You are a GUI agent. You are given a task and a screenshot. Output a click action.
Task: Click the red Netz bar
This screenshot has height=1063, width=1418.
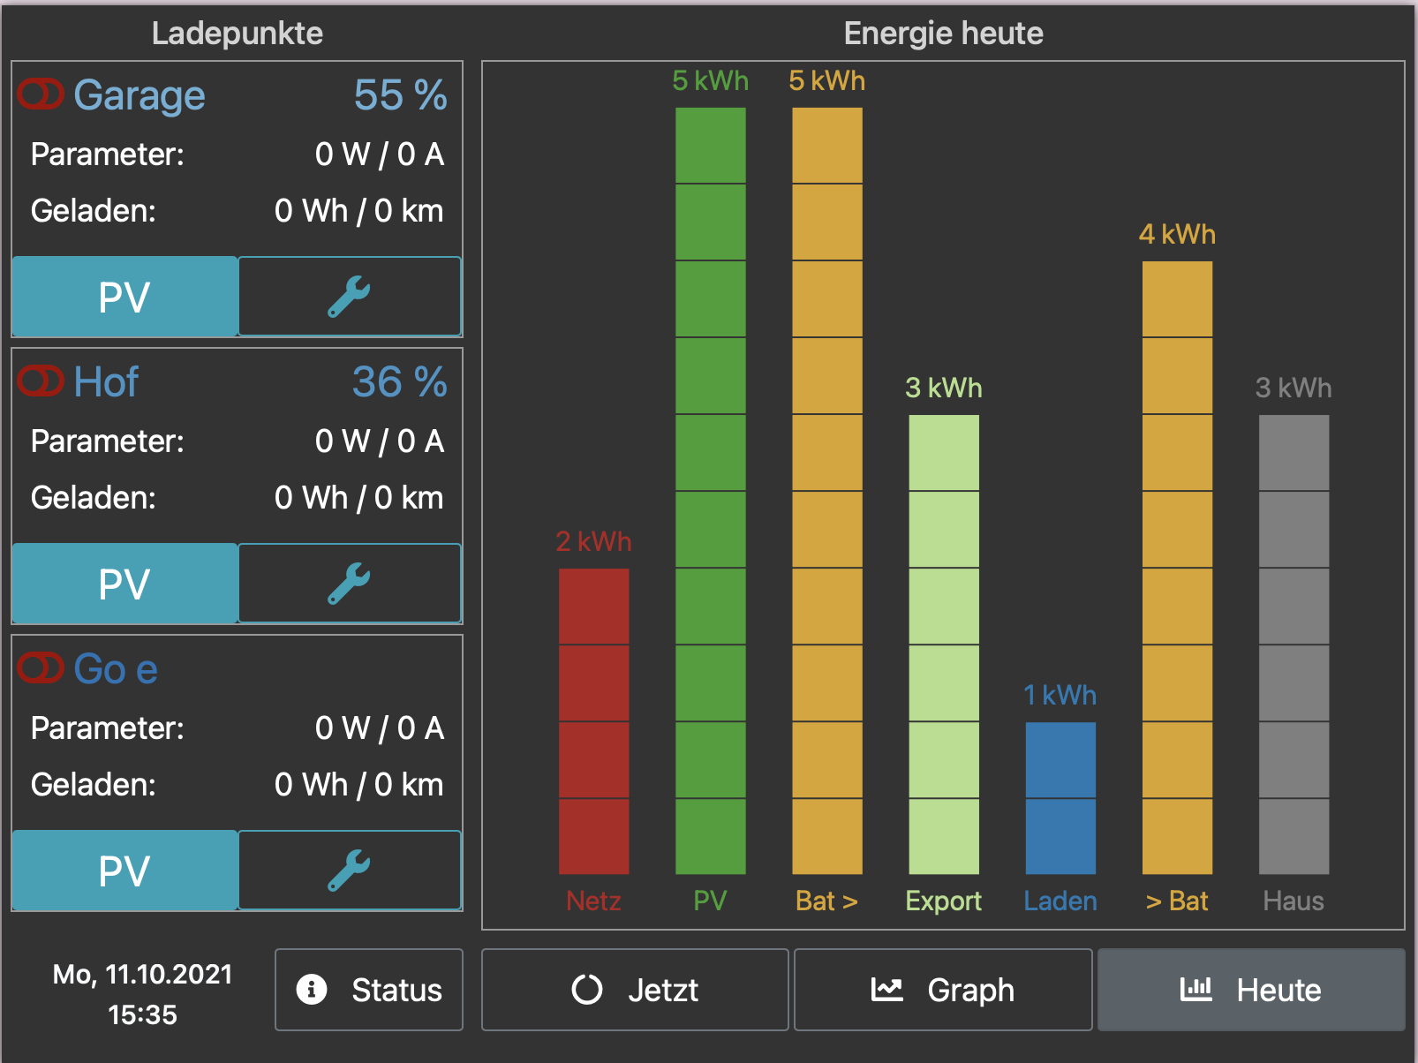[593, 720]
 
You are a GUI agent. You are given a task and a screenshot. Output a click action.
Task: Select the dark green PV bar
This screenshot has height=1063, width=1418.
[710, 490]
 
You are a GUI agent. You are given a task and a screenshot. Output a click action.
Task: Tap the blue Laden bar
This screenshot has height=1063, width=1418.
[1060, 797]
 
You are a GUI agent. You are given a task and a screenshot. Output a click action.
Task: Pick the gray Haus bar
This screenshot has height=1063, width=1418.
[1293, 644]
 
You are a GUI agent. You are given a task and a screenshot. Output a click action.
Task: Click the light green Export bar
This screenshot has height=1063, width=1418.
[943, 644]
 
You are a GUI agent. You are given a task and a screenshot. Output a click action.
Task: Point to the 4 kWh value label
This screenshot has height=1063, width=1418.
[1176, 234]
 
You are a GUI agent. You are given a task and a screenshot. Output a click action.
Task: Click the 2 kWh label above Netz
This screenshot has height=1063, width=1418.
[593, 541]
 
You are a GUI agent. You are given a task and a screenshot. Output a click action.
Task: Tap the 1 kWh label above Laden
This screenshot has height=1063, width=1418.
[1060, 695]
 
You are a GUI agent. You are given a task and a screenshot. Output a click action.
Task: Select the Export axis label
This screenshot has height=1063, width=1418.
[943, 901]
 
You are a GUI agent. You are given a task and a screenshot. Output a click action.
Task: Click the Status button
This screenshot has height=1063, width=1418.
[369, 990]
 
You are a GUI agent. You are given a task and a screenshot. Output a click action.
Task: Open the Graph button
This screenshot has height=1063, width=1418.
[943, 990]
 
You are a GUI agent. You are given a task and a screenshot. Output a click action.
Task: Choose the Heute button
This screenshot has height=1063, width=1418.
[1250, 990]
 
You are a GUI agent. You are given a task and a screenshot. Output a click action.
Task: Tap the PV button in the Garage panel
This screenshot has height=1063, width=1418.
[124, 297]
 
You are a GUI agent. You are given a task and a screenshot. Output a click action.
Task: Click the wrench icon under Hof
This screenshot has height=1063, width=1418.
[350, 584]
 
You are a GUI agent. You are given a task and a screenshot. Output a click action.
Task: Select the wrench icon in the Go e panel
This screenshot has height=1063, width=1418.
[350, 871]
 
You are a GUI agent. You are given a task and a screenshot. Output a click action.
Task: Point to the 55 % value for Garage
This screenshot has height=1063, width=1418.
[400, 95]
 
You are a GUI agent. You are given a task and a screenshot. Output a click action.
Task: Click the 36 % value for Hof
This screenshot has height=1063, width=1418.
[399, 382]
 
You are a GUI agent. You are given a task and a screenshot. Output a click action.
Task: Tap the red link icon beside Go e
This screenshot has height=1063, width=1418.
[41, 668]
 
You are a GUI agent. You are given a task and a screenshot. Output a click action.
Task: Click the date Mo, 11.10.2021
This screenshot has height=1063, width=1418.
[142, 974]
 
